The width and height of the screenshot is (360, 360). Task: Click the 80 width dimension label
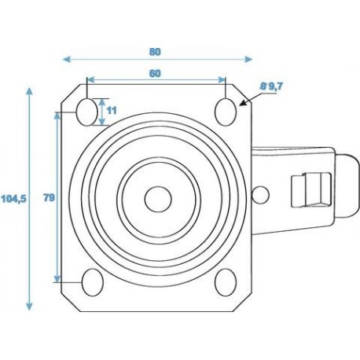point(155,52)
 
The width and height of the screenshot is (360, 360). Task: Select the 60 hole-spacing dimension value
point(155,72)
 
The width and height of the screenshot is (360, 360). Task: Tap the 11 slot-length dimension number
point(112,110)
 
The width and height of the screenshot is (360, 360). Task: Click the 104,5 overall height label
point(13,199)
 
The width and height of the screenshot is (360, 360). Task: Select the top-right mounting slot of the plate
point(225,111)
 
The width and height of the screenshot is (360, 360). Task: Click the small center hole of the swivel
point(156,197)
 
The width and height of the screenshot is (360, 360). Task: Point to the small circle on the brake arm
point(263,193)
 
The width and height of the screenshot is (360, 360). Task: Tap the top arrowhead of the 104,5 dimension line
point(29,90)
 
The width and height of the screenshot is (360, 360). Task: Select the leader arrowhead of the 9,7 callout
point(246,102)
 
